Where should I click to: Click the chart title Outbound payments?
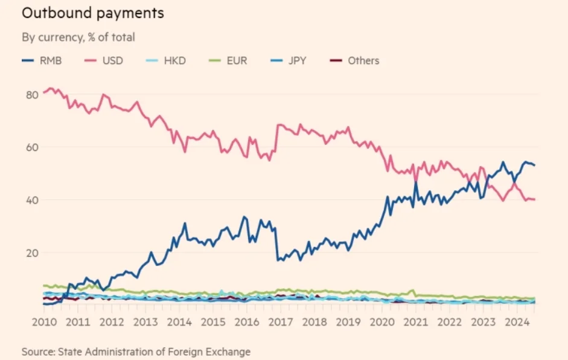click(93, 12)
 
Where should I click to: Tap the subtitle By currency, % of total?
click(78, 37)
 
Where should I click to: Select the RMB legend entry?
click(42, 60)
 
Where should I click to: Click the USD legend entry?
click(107, 60)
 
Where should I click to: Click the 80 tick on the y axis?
click(32, 94)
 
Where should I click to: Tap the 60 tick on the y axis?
click(32, 147)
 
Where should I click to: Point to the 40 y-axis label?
click(32, 200)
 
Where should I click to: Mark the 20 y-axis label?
click(32, 252)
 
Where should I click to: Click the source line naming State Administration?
click(136, 351)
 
